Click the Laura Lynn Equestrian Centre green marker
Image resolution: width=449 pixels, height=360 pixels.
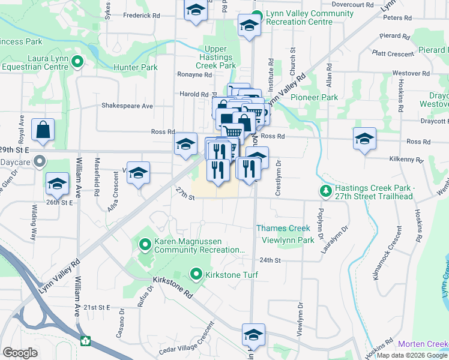coord(77,61)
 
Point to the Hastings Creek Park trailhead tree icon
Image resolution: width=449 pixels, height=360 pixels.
coord(325,191)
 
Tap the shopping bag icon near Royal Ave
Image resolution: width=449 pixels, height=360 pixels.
coord(43,130)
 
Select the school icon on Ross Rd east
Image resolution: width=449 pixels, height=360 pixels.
coord(364,139)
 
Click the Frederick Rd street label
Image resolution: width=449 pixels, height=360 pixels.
coord(142,15)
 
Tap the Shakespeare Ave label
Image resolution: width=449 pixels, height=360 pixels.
coord(127,106)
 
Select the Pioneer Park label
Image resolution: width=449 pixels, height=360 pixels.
coord(314,97)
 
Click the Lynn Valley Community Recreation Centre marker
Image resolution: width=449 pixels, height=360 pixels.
coord(257,16)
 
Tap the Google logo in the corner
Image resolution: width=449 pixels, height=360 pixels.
coord(20,352)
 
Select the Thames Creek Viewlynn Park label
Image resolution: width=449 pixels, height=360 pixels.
coord(285,234)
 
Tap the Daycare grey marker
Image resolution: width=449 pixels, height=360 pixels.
coord(40,161)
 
